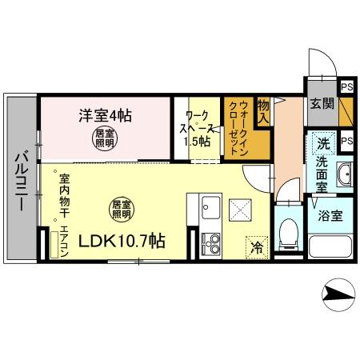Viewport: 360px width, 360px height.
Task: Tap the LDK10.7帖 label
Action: (122, 239)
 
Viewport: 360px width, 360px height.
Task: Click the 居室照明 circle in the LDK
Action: (121, 209)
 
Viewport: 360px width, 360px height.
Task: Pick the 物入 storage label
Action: (263, 110)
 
